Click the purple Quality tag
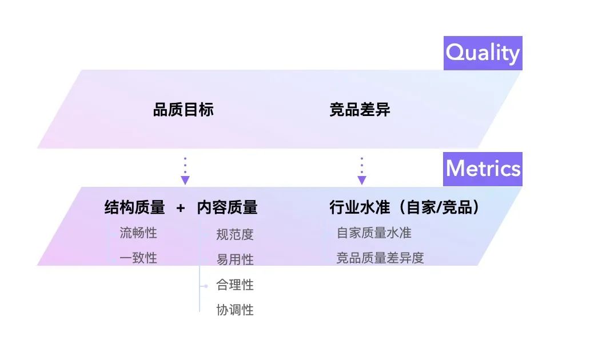point(483,53)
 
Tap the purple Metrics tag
point(483,169)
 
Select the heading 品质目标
point(183,110)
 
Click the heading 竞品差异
point(360,110)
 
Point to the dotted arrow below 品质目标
point(185,170)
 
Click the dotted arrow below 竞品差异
point(361,170)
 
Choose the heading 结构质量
point(134,207)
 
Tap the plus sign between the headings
point(181,208)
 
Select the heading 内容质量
point(227,207)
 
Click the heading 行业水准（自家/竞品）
point(404,207)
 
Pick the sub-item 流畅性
point(138,233)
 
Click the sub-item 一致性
point(138,258)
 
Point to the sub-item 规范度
point(234,234)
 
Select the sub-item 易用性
point(234,259)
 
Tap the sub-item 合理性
point(234,285)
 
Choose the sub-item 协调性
point(234,310)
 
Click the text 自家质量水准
point(374,233)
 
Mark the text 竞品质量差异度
point(380,258)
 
